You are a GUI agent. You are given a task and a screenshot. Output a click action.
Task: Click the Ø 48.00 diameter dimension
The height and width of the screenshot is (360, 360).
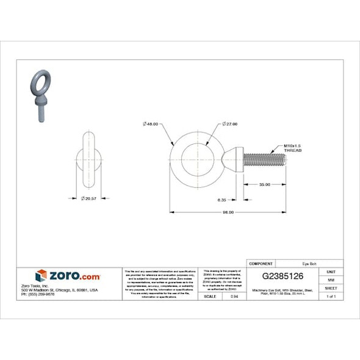[150, 124]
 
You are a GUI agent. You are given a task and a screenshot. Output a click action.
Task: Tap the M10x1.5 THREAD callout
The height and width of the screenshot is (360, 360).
[293, 148]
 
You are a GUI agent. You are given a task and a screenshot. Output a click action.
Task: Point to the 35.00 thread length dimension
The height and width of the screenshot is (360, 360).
[264, 184]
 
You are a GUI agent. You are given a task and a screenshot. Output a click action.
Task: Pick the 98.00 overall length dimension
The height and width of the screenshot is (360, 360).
[228, 212]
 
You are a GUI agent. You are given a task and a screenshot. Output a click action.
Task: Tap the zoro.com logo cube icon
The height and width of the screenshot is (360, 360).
[41, 275]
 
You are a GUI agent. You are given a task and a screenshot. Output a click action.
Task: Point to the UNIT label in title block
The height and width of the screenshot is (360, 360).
[331, 271]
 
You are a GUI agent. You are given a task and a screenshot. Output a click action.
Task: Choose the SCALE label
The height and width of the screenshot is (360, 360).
[209, 296]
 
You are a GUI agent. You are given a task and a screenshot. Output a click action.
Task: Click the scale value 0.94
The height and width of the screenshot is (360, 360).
[234, 296]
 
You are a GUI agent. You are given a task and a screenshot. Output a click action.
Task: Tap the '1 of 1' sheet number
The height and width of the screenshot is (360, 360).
[331, 296]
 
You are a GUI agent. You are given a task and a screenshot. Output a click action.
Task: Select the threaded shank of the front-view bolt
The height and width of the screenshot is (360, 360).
[264, 160]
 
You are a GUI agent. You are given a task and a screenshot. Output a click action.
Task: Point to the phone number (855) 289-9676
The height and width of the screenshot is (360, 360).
[37, 294]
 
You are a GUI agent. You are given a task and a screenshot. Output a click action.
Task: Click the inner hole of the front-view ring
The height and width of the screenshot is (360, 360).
[198, 160]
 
